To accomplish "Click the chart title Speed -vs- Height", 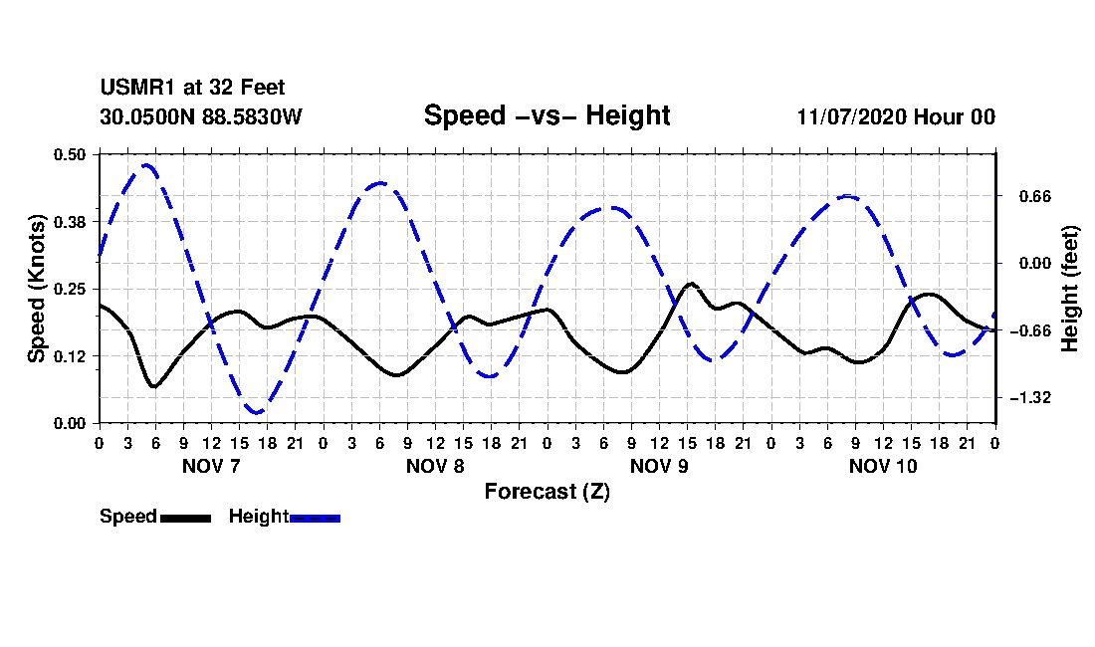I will point(547,115).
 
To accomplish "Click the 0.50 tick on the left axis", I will point(73,154).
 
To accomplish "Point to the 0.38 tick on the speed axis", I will point(73,221).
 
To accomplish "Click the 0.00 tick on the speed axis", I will point(73,423).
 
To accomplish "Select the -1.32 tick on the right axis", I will point(1020,398).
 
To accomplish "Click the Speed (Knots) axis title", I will point(37,288).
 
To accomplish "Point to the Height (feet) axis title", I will point(1071,288).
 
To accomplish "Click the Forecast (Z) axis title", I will point(547,491).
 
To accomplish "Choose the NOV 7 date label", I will point(211,466).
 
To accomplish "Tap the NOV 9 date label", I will point(659,466).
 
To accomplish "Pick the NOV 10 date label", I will point(883,466).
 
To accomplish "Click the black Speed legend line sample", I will point(185,518).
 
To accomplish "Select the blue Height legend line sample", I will point(315,518).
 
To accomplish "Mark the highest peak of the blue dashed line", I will point(147,165).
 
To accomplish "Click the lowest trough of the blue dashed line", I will point(257,412).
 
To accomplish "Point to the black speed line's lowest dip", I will point(154,386).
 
